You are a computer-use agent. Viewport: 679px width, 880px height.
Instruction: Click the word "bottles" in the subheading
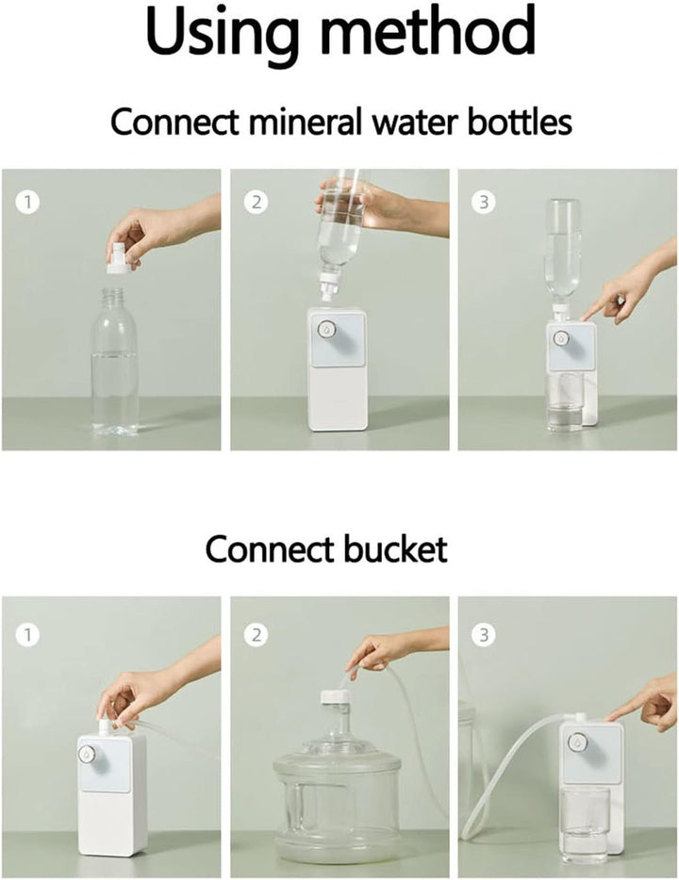(520, 121)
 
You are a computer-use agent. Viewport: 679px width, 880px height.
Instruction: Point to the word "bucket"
(396, 549)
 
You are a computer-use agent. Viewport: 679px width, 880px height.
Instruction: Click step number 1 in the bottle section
(27, 202)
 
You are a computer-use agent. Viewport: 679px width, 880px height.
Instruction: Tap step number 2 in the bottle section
(257, 202)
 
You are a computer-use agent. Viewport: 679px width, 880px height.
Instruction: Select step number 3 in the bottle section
(484, 202)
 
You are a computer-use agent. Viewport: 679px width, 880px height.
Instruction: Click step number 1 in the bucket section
(27, 635)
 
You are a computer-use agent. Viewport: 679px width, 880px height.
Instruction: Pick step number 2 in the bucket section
(257, 635)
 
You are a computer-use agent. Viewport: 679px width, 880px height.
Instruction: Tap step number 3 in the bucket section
(484, 635)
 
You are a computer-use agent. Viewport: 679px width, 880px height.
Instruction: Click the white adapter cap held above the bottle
(122, 258)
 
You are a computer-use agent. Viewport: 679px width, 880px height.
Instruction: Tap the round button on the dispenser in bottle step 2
(325, 329)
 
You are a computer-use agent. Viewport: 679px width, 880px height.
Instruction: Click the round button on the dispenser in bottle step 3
(560, 338)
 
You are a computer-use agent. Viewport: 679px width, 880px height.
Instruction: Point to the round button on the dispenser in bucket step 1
(87, 755)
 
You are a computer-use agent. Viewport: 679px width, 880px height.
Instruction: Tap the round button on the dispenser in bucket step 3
(575, 741)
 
